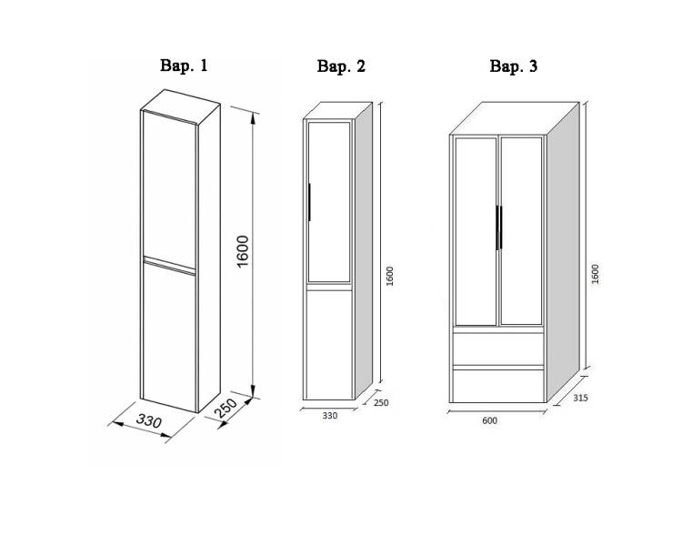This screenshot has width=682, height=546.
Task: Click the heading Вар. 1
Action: click(184, 66)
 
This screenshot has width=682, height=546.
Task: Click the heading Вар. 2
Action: click(341, 66)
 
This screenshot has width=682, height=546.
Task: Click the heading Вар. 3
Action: click(513, 66)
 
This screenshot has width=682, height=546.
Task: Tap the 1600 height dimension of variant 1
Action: click(243, 251)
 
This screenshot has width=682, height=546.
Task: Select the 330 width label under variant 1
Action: click(149, 421)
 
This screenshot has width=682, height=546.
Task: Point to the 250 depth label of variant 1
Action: click(226, 409)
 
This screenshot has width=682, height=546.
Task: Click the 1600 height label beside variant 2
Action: click(389, 276)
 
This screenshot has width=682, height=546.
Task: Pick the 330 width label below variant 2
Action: click(330, 415)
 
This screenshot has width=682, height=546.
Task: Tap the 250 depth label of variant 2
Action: click(381, 403)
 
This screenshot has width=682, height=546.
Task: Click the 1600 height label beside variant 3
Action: click(596, 274)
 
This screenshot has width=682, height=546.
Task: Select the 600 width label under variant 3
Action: click(489, 420)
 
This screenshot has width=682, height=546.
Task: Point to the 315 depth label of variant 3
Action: click(580, 398)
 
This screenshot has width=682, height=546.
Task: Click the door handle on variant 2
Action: click(309, 202)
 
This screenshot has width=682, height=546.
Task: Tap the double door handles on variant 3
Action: click(499, 227)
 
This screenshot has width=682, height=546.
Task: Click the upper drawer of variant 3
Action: click(498, 349)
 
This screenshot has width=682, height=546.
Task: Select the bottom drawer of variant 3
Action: click(498, 386)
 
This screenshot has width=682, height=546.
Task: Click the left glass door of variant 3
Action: click(476, 231)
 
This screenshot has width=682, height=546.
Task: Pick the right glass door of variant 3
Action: click(521, 231)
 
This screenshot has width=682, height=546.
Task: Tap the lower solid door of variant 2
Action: click(329, 345)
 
